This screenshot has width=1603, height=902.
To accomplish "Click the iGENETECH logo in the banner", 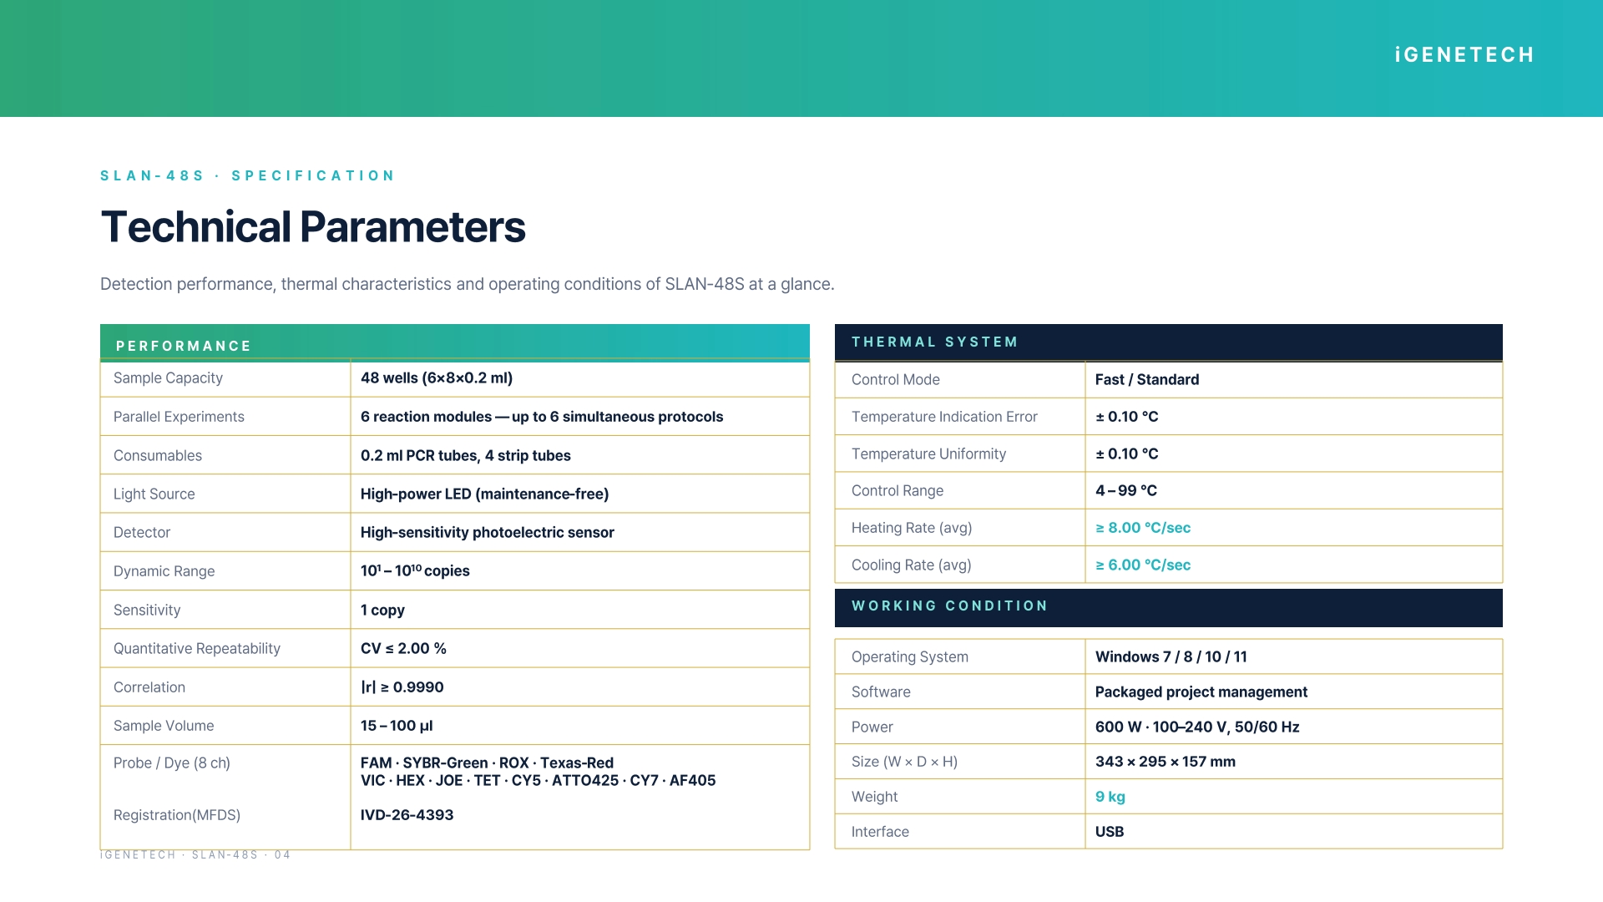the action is click(x=1464, y=55).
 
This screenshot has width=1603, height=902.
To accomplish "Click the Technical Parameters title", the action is click(x=313, y=227).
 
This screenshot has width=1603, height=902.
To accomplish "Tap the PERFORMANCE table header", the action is click(x=184, y=346).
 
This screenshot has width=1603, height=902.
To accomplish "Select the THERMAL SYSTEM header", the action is click(x=934, y=342).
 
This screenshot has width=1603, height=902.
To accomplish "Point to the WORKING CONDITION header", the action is click(x=949, y=606).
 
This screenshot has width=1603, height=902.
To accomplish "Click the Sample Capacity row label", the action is click(x=168, y=378).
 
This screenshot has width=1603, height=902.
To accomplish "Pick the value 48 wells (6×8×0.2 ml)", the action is click(x=437, y=378).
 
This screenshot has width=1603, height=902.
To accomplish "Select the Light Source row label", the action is click(x=154, y=494).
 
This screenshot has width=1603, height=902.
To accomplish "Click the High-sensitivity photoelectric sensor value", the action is click(x=488, y=533).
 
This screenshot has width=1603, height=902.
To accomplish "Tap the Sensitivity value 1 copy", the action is click(x=382, y=611).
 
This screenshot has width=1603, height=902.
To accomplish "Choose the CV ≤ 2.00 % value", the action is click(x=403, y=649).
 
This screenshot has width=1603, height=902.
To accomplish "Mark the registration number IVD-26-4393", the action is click(x=407, y=815).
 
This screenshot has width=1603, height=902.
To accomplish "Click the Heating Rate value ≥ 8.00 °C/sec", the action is click(x=1143, y=528).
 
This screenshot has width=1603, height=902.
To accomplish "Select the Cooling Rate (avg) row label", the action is click(x=912, y=565).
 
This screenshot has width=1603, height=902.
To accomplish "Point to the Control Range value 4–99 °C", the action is click(x=1126, y=491).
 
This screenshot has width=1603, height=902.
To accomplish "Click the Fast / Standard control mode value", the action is click(x=1147, y=380).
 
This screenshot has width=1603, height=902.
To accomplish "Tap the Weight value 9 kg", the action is click(x=1110, y=797).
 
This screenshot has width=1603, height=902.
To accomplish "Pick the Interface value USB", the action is click(x=1110, y=832).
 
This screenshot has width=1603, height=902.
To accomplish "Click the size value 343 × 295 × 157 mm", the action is click(x=1166, y=762).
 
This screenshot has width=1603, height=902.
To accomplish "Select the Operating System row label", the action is click(x=910, y=657).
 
